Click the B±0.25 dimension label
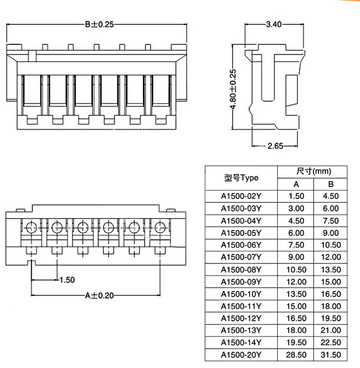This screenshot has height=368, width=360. pyautogui.click(x=100, y=24)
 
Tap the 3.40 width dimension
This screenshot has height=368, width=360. pyautogui.click(x=274, y=24)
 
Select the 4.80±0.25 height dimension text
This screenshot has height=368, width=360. pyautogui.click(x=233, y=89)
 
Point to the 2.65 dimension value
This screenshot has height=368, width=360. pyautogui.click(x=275, y=146)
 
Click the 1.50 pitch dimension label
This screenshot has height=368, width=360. pyautogui.click(x=67, y=280)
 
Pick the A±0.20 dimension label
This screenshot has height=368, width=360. pyautogui.click(x=100, y=295)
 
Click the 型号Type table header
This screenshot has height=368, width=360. pyautogui.click(x=241, y=178)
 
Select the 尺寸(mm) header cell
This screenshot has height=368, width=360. pyautogui.click(x=314, y=171)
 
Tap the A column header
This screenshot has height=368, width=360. pyautogui.click(x=296, y=184)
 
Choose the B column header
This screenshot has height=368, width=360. pyautogui.click(x=331, y=184)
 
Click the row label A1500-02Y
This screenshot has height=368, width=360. pyautogui.click(x=241, y=196)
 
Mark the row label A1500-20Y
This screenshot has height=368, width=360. pyautogui.click(x=241, y=355)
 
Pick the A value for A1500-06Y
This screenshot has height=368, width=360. pyautogui.click(x=296, y=245)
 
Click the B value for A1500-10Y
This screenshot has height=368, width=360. pyautogui.click(x=331, y=294)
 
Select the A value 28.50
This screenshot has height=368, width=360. pyautogui.click(x=296, y=355)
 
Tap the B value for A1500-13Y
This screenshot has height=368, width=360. pyautogui.click(x=331, y=330)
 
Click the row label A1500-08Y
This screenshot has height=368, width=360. pyautogui.click(x=241, y=270)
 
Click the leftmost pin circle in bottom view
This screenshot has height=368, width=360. pyautogui.click(x=31, y=228)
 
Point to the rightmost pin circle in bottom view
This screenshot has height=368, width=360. pyautogui.click(x=160, y=228)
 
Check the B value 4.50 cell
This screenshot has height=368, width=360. pyautogui.click(x=331, y=196)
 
